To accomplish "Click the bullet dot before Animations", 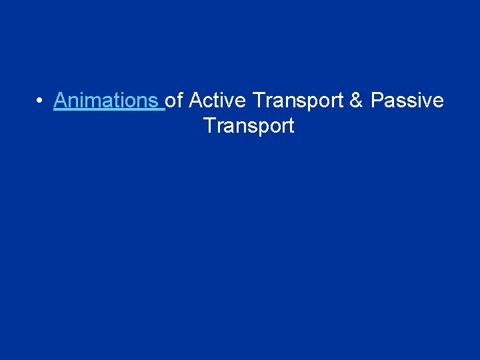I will point(40,101).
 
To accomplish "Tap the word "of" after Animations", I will point(174,101).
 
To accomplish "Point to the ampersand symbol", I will point(357,101).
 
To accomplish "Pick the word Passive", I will point(407,101).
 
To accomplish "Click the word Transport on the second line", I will point(249,126).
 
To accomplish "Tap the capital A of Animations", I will point(60,101).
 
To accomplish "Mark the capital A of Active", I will point(196,101).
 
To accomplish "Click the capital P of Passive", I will point(377,101).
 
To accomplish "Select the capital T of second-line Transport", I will point(209,125).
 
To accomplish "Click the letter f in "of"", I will point(180,100).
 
